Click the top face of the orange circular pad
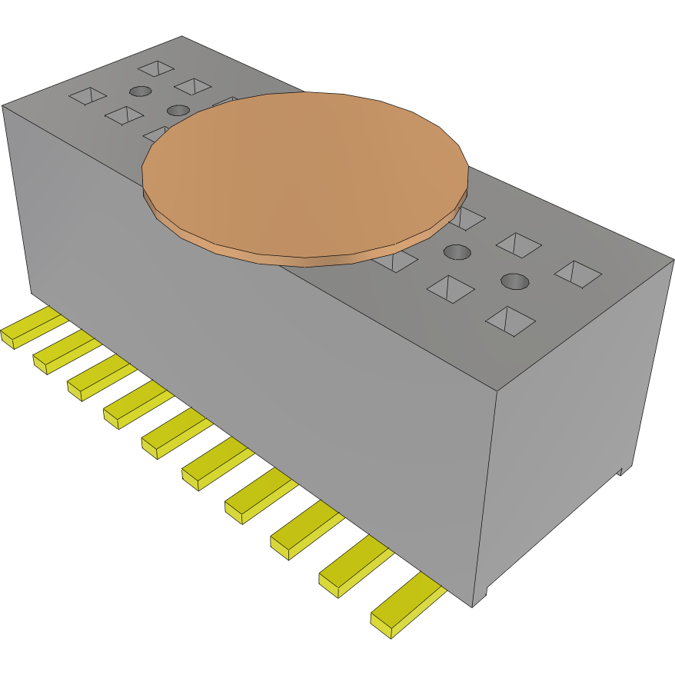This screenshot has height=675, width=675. [x=305, y=173]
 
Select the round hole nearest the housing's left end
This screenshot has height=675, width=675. [x=140, y=91]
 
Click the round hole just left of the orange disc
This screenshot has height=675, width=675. [x=178, y=110]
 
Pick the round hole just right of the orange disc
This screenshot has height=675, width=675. [x=457, y=252]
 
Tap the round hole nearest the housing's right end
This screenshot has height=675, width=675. [x=514, y=281]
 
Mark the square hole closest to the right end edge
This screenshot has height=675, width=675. [x=577, y=274]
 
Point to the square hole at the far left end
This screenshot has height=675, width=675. [x=87, y=95]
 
